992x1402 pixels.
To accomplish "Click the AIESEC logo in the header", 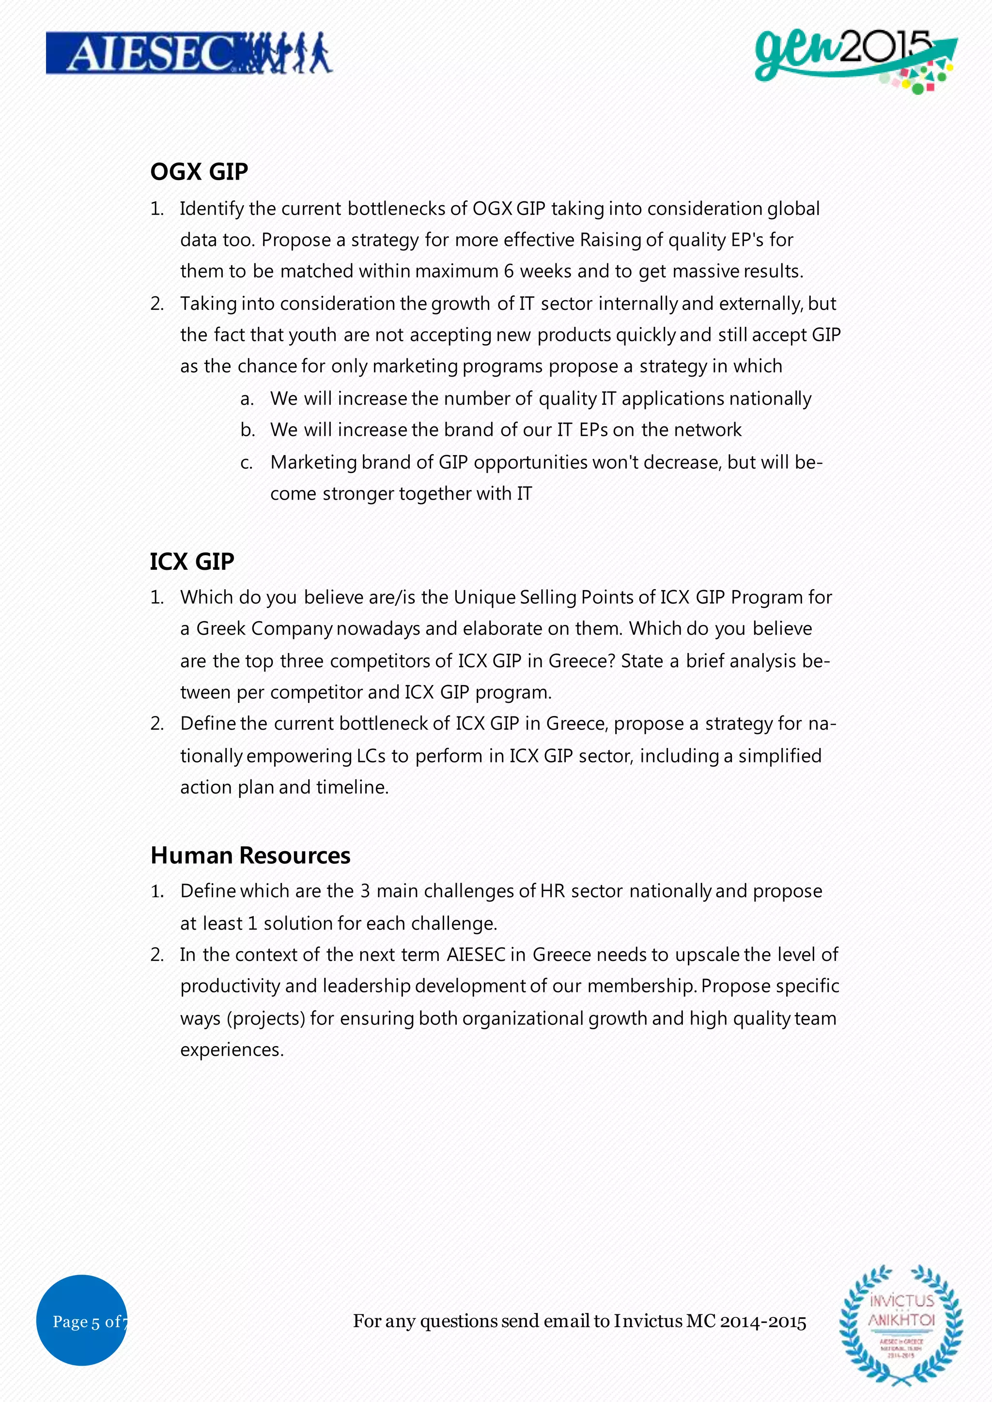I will (189, 54).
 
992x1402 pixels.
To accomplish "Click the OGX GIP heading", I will (199, 171).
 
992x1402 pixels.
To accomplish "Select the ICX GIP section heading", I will (192, 561).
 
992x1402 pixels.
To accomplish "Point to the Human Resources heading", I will (250, 855).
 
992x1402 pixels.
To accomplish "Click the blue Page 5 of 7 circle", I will (81, 1322).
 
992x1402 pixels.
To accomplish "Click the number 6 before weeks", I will (508, 271).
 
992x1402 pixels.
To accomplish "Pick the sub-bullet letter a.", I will (246, 399).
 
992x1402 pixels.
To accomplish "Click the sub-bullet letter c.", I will (246, 463).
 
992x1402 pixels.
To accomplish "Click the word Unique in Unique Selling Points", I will (484, 597).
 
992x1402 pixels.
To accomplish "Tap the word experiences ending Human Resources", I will (232, 1050).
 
